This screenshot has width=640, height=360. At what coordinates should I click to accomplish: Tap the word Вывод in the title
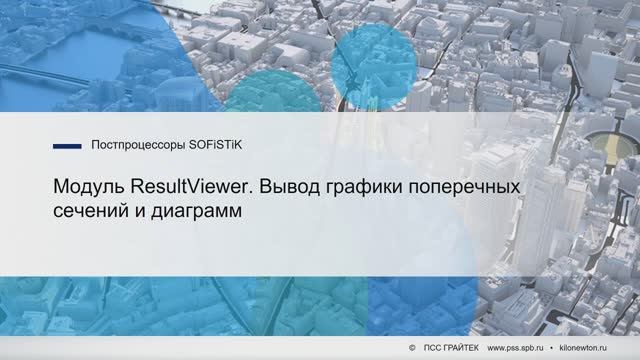tap(286, 188)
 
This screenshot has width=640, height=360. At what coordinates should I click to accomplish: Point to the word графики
tap(359, 189)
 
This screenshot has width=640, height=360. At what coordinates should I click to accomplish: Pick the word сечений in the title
tap(88, 212)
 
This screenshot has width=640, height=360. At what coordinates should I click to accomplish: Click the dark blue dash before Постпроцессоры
tap(67, 145)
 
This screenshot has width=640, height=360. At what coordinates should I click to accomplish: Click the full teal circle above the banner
tap(373, 65)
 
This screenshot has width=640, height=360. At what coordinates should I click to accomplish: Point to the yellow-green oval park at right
tap(606, 151)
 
